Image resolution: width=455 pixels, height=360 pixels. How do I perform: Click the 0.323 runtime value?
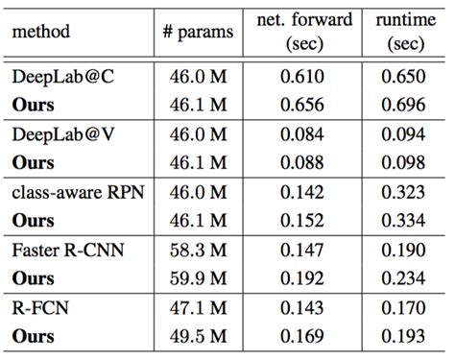click(x=400, y=191)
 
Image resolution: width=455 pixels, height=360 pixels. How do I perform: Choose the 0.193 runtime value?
click(x=400, y=336)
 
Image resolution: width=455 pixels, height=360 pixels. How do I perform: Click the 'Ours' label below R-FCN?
click(x=34, y=336)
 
